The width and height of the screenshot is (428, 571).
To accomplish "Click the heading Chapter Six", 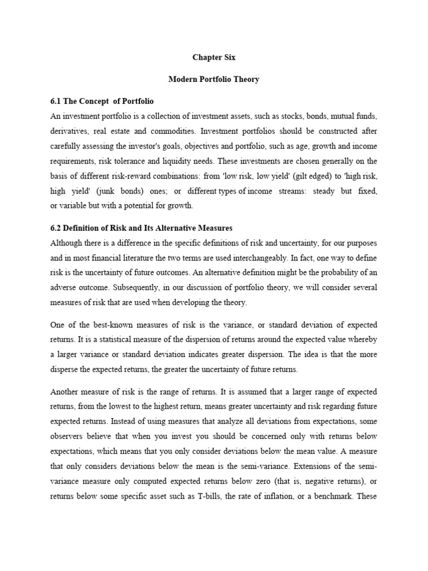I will (x=214, y=57).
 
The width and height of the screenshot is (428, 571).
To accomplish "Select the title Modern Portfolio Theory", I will (x=214, y=79).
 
